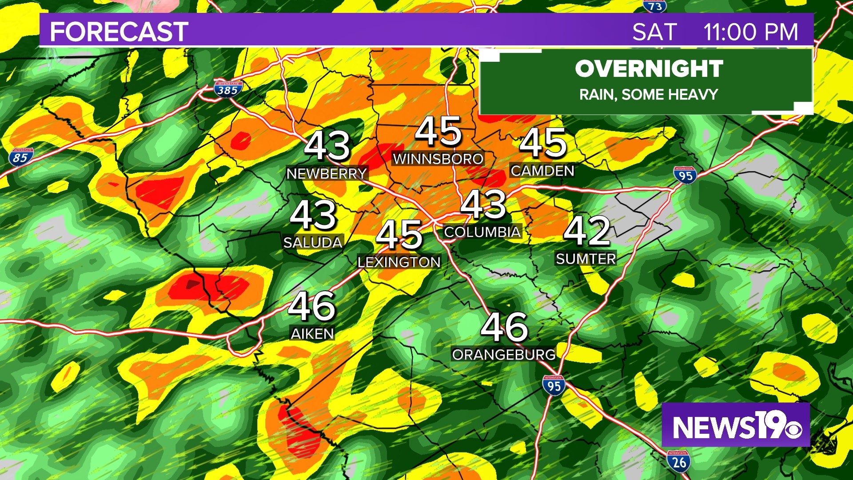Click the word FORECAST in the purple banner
pyautogui.click(x=119, y=32)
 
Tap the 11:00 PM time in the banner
pyautogui.click(x=750, y=32)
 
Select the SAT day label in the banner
pyautogui.click(x=654, y=32)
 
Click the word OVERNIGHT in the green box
pyautogui.click(x=649, y=69)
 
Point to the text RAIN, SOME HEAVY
pyautogui.click(x=649, y=95)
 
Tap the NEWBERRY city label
pyautogui.click(x=327, y=174)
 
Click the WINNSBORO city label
pyautogui.click(x=438, y=159)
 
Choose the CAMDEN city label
pyautogui.click(x=542, y=171)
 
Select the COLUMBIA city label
pyautogui.click(x=482, y=232)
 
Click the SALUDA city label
pyautogui.click(x=313, y=243)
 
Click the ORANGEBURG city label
pyautogui.click(x=504, y=355)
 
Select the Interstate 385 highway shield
pyautogui.click(x=227, y=89)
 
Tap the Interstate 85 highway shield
pyautogui.click(x=20, y=157)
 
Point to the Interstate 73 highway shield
pyautogui.click(x=654, y=6)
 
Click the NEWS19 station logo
pyautogui.click(x=736, y=425)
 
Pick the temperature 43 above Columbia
pyautogui.click(x=483, y=204)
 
